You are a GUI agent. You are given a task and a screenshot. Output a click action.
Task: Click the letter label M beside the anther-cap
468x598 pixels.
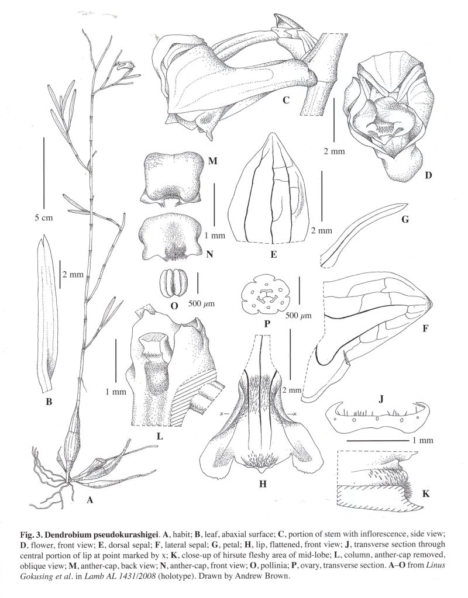(213, 161)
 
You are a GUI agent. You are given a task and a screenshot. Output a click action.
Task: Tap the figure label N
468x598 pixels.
(209, 254)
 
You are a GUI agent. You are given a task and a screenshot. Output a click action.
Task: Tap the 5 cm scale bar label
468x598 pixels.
(43, 218)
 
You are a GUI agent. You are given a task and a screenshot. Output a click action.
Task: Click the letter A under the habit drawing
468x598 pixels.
(90, 500)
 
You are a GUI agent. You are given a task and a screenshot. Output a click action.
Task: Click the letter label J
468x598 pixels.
(381, 399)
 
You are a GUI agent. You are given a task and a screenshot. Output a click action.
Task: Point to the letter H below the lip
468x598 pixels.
(263, 484)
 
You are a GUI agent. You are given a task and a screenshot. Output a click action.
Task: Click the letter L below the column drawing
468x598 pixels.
(160, 435)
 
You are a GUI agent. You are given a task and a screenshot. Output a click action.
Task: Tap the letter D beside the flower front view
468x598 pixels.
(429, 175)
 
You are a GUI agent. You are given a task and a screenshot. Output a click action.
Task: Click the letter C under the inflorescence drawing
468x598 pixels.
(286, 101)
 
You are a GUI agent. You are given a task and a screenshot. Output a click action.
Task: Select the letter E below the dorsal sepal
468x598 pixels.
(273, 254)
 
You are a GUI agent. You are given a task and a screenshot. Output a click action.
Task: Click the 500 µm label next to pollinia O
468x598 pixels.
(202, 303)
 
